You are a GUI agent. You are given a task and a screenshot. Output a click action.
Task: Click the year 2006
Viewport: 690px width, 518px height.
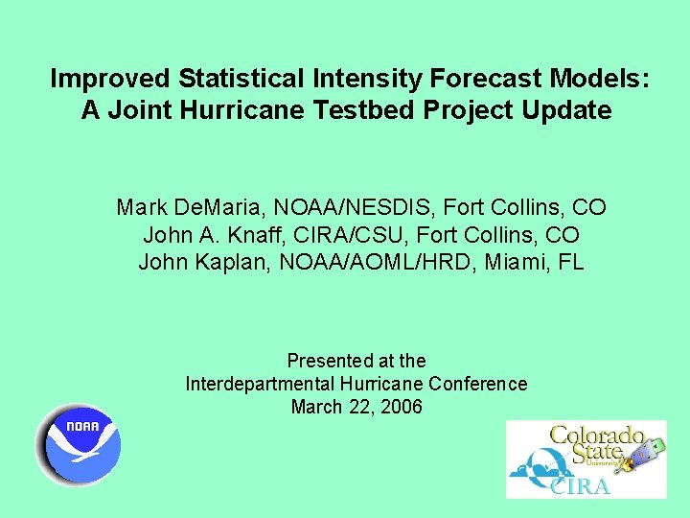(401, 407)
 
